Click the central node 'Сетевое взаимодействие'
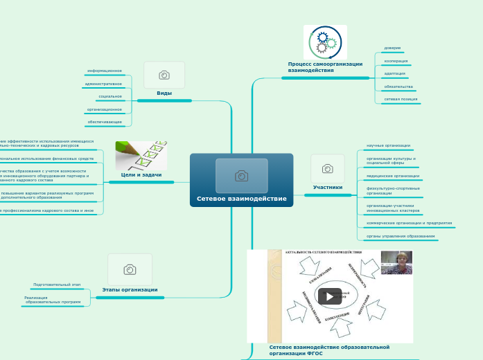point(241,199)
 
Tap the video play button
point(330,296)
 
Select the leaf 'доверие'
point(392,48)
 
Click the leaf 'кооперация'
point(396,61)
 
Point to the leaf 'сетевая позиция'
point(402,99)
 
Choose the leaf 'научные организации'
point(388,145)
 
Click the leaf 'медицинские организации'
point(393,176)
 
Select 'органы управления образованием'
point(401,236)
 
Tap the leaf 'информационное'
point(105,71)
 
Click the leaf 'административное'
point(103,83)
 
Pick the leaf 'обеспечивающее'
point(105,122)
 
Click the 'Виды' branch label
point(164,93)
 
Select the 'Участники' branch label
point(328,187)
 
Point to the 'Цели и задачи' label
point(141,175)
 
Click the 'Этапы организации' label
point(130,289)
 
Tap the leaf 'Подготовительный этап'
point(57,285)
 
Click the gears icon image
point(325,42)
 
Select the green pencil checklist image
point(141,156)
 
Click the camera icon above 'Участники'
point(328,168)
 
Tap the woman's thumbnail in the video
point(396,263)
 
